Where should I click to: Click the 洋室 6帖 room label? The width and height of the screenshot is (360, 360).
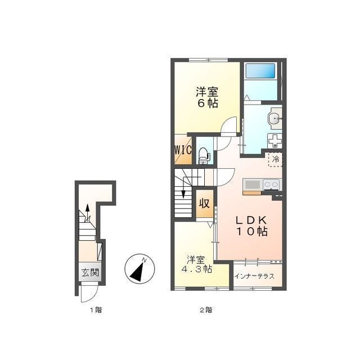tap(207, 97)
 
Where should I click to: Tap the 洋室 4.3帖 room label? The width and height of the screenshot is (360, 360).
tap(196, 264)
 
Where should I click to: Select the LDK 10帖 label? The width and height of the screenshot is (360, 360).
tap(252, 226)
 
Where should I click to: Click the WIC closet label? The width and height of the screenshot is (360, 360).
tap(183, 150)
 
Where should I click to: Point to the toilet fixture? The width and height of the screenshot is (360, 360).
tap(204, 156)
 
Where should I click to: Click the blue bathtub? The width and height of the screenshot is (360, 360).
tap(260, 71)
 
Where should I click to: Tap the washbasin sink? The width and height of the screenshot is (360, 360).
tap(275, 119)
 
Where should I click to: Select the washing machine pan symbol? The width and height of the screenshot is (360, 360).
tap(275, 141)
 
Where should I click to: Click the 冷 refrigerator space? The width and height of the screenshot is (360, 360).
tap(276, 159)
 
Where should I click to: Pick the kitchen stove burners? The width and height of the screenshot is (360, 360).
tap(271, 185)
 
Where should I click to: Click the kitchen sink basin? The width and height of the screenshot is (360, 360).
tap(253, 185)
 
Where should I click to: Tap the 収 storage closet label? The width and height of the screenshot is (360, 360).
tap(204, 203)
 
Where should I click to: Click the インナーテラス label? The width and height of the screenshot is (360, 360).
tap(254, 276)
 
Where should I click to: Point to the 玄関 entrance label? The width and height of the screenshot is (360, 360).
tap(90, 272)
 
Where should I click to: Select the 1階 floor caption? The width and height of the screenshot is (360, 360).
tap(96, 310)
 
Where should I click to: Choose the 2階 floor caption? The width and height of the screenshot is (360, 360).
tap(206, 310)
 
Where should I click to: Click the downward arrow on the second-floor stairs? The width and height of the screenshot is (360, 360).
tap(183, 187)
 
